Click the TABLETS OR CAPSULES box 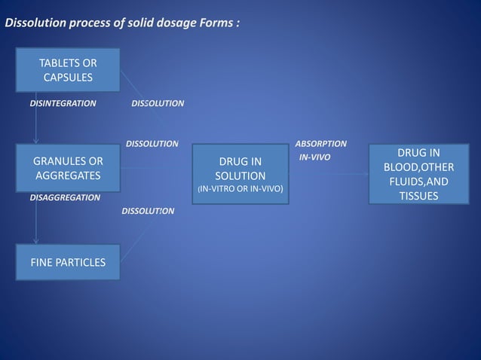click(x=69, y=69)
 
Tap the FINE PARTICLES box click(x=69, y=262)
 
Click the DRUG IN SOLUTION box click(x=240, y=173)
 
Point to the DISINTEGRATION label click(x=63, y=103)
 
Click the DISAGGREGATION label click(x=65, y=197)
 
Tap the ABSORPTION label click(x=320, y=143)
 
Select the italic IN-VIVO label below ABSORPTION click(x=314, y=157)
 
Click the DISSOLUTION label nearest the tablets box click(x=158, y=103)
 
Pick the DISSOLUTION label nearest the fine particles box click(x=148, y=211)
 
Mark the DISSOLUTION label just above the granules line click(x=152, y=143)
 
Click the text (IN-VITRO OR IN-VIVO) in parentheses click(x=240, y=189)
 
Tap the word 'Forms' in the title click(x=214, y=23)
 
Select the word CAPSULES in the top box click(x=68, y=77)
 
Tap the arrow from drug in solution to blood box click(x=328, y=174)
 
